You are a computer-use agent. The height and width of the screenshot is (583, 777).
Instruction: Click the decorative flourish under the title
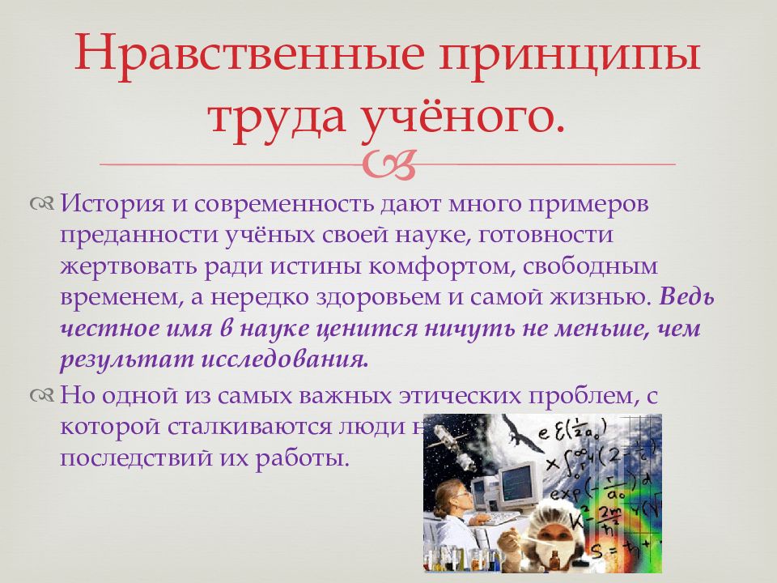[389, 164]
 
